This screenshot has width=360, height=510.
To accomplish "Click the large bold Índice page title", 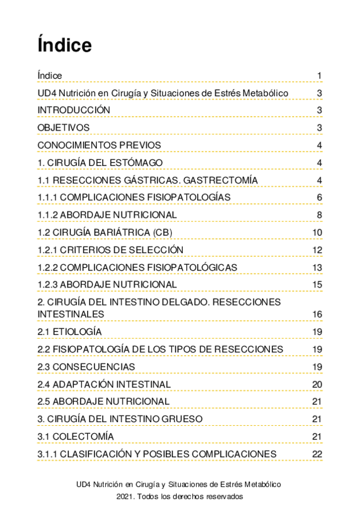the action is coord(64,46).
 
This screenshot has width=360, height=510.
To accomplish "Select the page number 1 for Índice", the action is coord(320,75).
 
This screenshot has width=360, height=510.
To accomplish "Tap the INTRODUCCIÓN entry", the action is coord(73,110).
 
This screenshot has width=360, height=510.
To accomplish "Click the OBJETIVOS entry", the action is coord(63,127).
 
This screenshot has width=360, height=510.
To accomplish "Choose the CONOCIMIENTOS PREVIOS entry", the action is coord(99,145).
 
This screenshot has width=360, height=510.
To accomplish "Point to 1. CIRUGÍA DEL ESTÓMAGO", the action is coord(100,163).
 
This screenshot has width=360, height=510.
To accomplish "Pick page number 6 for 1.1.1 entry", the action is coord(320,198).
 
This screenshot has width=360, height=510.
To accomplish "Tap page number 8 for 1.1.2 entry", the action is coord(320,215).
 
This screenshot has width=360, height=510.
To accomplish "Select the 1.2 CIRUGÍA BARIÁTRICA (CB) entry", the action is coord(104,233).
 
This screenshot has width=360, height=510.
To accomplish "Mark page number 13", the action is coord(318,268).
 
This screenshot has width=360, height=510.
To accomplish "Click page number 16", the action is coord(318,315).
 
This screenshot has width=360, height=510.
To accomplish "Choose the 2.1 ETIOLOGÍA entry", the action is coord(69,332).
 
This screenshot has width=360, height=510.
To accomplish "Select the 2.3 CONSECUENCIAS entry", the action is coord(86,367).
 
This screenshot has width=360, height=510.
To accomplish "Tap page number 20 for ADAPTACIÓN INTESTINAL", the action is coord(318,384).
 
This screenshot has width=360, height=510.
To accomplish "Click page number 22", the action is coord(318,453).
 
